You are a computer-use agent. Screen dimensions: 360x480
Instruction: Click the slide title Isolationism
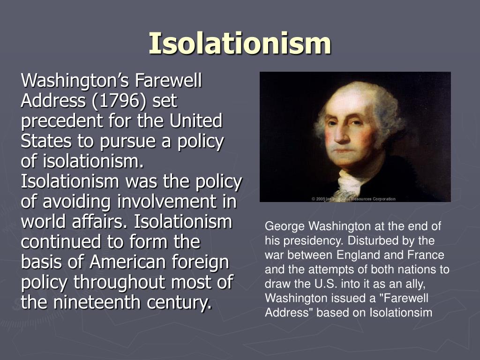240,43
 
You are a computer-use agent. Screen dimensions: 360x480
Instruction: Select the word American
122,262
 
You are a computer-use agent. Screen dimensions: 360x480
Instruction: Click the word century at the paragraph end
179,303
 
